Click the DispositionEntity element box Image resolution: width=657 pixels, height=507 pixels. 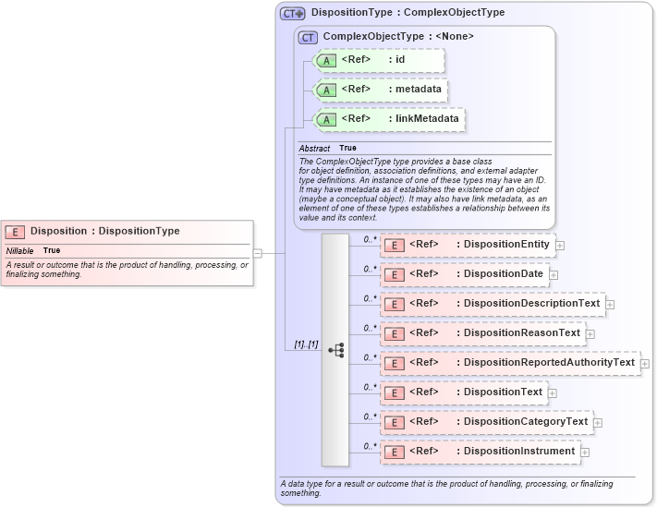[468, 245]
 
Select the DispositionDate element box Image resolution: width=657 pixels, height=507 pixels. [465, 274]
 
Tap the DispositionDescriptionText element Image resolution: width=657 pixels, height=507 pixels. [493, 304]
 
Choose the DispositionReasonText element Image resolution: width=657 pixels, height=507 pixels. [483, 333]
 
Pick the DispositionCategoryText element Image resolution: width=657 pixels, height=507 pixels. [487, 422]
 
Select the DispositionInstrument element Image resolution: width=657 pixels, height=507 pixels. [481, 452]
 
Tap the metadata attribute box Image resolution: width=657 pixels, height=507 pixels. [382, 90]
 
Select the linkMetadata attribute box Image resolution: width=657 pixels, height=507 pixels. [388, 119]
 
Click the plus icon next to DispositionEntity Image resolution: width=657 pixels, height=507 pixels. [560, 246]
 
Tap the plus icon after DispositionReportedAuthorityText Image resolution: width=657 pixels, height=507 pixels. [645, 364]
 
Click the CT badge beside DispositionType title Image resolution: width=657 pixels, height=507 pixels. [293, 14]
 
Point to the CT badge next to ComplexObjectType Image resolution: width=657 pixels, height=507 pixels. [308, 37]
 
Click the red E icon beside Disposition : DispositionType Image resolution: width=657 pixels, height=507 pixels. [15, 232]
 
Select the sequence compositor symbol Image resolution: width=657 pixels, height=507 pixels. [335, 350]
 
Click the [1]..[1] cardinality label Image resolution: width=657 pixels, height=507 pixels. [306, 344]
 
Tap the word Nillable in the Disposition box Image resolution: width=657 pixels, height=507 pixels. [19, 250]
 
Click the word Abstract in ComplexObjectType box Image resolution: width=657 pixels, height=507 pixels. [314, 148]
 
